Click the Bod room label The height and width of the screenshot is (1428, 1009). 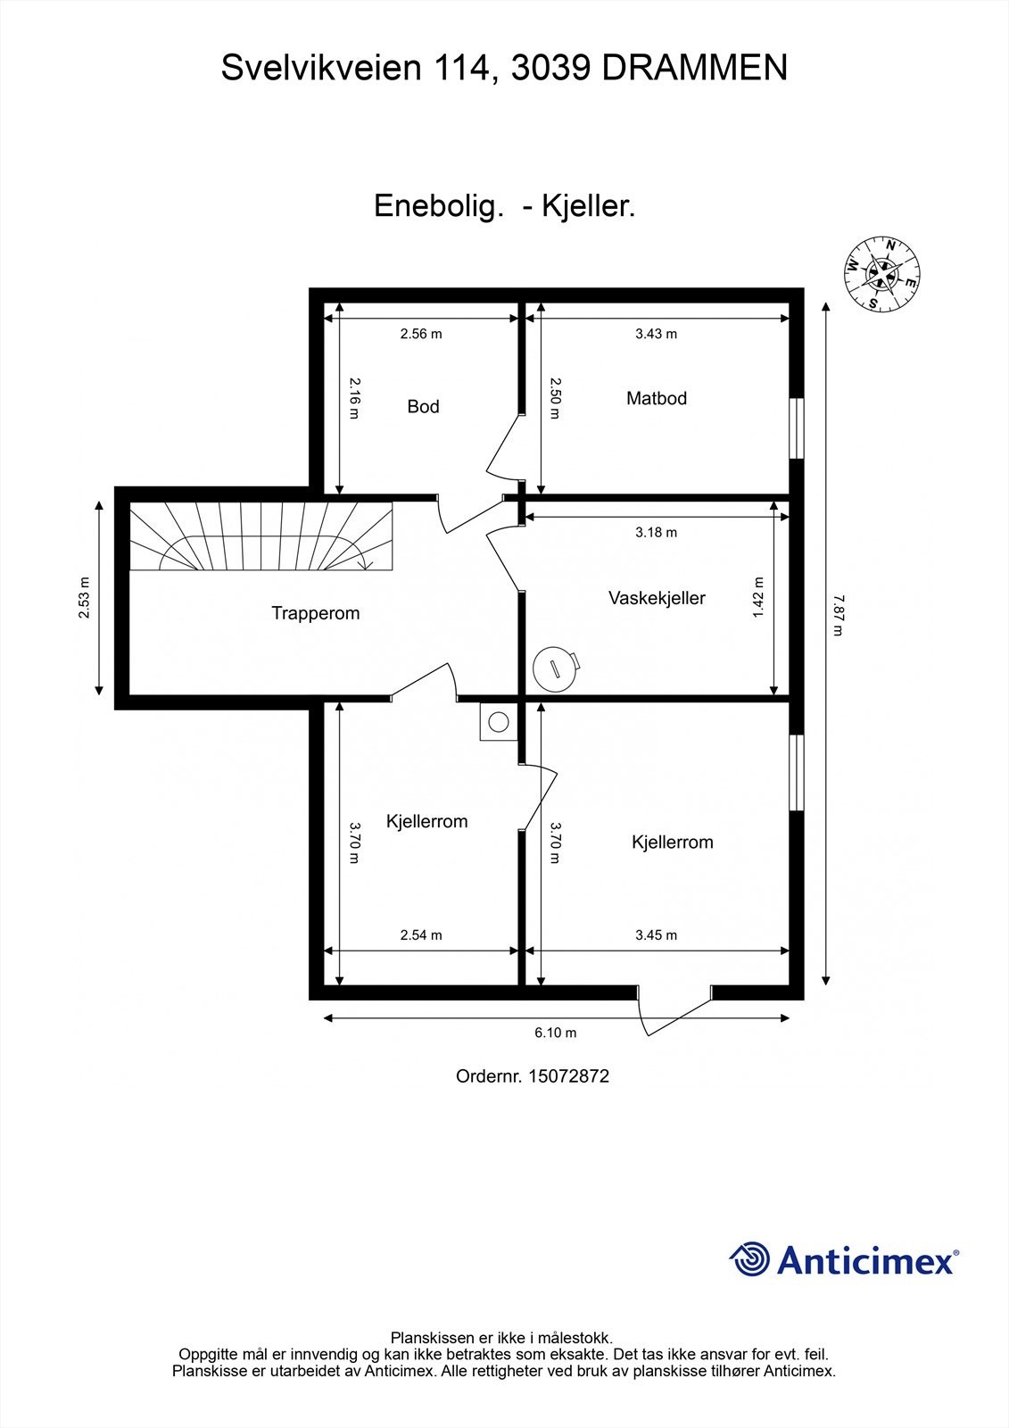click(423, 407)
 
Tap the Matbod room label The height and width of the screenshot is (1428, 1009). click(656, 399)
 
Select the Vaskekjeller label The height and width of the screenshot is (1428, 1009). click(657, 599)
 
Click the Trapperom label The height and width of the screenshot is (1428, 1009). click(315, 613)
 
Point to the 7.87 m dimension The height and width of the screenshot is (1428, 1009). click(836, 616)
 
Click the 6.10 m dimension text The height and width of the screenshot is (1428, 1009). click(555, 1033)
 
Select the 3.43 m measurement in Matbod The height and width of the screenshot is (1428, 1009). click(656, 334)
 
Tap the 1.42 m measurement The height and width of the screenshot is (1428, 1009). click(758, 597)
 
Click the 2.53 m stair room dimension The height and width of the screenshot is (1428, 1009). click(83, 598)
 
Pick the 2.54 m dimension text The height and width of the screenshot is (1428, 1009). click(420, 935)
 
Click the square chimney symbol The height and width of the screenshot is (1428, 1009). click(498, 721)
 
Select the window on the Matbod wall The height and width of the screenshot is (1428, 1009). click(798, 428)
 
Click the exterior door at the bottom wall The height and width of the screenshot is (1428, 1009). click(674, 1010)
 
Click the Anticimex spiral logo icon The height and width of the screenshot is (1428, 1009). click(749, 1259)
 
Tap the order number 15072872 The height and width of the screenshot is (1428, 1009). click(568, 1076)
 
